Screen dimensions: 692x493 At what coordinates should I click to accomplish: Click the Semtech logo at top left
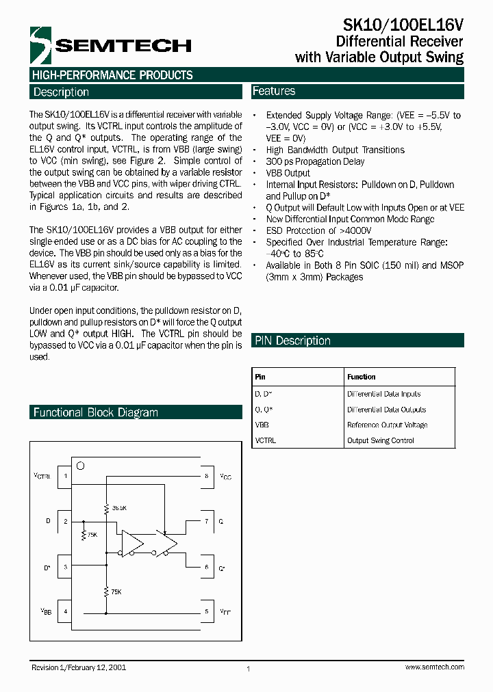point(110,46)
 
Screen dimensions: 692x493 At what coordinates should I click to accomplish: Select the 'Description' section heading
point(61,92)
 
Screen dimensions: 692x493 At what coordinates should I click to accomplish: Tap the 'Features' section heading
point(274,91)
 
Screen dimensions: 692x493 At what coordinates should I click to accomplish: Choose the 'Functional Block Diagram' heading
point(96,412)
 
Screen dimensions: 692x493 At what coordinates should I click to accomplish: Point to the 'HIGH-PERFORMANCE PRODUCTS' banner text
point(112,75)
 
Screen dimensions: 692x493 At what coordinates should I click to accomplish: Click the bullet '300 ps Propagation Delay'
point(315,161)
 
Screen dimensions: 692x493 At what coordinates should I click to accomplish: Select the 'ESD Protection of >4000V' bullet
point(318,230)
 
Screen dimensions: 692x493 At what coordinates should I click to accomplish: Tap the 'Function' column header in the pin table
point(362,377)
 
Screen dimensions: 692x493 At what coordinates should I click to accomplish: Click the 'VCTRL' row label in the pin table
point(266,440)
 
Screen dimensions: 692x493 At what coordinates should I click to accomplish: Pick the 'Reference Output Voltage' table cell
point(387,425)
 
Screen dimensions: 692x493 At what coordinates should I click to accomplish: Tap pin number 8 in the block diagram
point(206,476)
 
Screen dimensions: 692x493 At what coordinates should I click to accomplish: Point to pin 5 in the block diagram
point(206,611)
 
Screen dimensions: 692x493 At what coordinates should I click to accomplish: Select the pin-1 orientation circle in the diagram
point(80,466)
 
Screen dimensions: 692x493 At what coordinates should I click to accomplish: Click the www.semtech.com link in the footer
point(435,667)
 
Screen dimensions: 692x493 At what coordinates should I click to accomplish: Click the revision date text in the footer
point(79,667)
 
